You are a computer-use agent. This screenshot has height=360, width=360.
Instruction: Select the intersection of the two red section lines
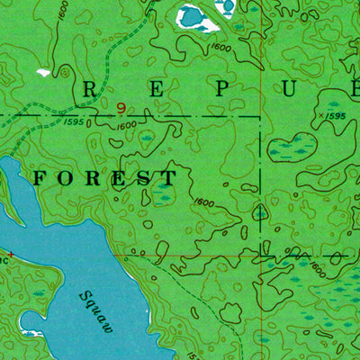pyautogui.click(x=262, y=256)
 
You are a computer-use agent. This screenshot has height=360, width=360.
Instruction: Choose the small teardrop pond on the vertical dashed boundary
pyautogui.click(x=260, y=213)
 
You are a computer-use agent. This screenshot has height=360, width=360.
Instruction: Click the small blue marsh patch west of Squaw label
pyautogui.click(x=38, y=294)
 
